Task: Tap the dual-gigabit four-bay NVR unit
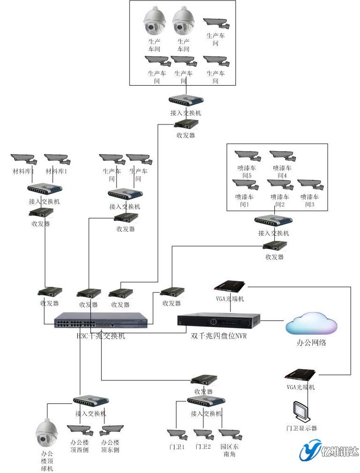[219, 321]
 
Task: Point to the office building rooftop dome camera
[47, 429]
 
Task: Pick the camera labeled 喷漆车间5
[247, 155]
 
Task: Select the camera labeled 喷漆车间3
[310, 184]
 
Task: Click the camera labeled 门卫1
[177, 435]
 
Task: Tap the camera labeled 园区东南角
[230, 434]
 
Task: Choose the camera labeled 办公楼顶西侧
[80, 429]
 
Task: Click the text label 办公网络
[311, 342]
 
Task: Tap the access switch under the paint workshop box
[273, 221]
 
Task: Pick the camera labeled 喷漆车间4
[282, 155]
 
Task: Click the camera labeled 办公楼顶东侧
[111, 429]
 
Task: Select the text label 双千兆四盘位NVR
[218, 335]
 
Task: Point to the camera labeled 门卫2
[204, 435]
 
